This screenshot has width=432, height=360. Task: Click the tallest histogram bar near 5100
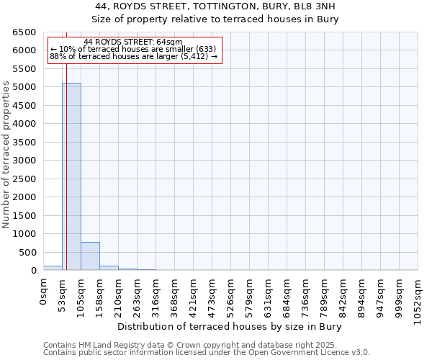click(x=71, y=176)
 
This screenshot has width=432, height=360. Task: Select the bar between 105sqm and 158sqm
click(x=90, y=256)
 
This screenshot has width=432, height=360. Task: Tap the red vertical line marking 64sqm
click(x=66, y=144)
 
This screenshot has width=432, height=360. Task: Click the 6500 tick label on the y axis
click(x=24, y=32)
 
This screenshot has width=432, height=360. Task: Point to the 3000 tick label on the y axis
click(x=24, y=161)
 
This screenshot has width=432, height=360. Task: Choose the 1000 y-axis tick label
click(x=24, y=234)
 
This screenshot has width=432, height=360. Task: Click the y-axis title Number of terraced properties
click(x=6, y=155)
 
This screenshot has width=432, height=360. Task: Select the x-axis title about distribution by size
click(x=229, y=326)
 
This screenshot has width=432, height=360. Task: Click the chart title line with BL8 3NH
click(x=215, y=6)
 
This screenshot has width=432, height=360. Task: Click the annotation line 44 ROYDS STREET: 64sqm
click(x=133, y=42)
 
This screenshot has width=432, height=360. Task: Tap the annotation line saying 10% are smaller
click(x=133, y=49)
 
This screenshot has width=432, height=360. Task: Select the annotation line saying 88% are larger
click(x=133, y=55)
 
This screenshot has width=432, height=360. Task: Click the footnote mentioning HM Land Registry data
click(x=205, y=345)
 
